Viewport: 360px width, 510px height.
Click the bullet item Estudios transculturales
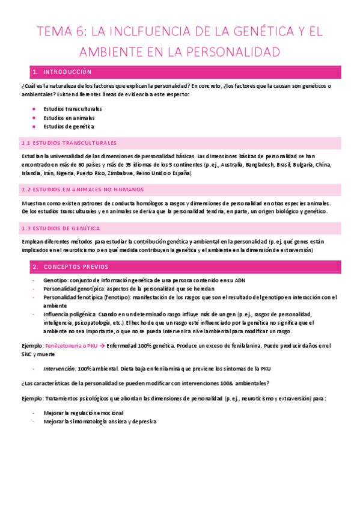[73, 109]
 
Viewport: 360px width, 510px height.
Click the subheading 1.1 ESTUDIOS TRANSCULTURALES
[69, 143]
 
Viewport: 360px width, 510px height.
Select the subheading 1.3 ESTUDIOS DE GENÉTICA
[61, 229]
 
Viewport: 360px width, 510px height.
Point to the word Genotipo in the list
[56, 281]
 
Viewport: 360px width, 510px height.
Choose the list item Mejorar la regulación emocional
[84, 413]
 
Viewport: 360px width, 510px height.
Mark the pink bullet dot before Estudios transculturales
[34, 109]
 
